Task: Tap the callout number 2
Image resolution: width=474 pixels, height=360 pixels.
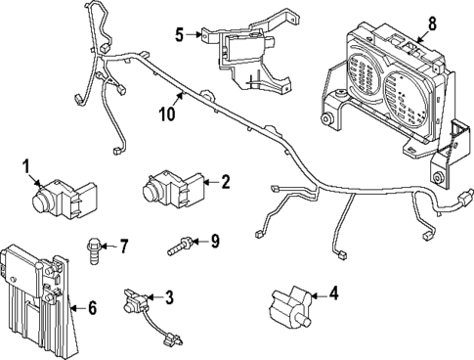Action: coord(225,181)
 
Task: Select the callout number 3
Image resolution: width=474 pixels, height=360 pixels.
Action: coord(168,296)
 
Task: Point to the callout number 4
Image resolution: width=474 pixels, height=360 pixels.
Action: coord(333,292)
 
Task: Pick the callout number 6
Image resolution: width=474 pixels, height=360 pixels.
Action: coord(92,308)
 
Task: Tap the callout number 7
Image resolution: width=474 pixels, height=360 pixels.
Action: coord(123,243)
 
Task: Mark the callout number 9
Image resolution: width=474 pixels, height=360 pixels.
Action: coord(216,240)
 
